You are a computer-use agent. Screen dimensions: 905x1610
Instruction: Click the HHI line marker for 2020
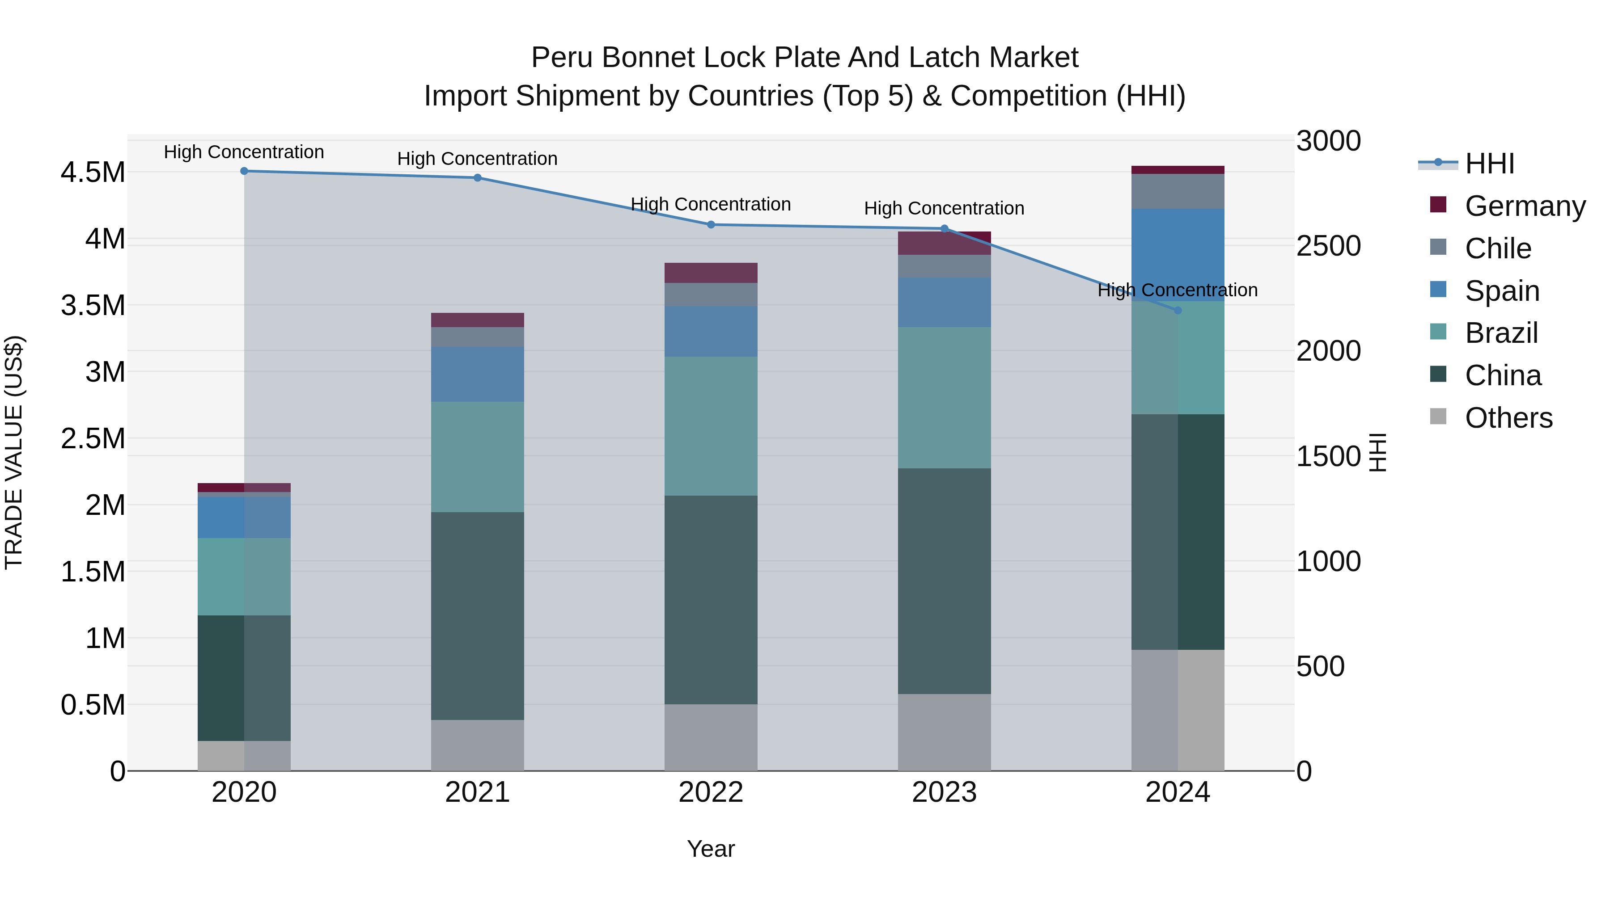244,171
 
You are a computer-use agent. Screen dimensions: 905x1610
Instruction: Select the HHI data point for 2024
1178,311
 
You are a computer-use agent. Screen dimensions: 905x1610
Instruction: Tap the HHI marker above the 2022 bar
711,225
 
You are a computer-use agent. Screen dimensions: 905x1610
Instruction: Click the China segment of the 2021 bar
478,616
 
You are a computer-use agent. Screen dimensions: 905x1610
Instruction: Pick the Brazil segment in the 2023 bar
945,398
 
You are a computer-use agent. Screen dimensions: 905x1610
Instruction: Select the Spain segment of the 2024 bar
1178,255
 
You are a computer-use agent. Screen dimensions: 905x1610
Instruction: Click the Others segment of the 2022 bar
711,737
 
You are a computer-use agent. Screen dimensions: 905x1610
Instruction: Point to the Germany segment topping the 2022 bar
711,273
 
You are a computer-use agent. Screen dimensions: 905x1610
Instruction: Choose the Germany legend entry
1525,206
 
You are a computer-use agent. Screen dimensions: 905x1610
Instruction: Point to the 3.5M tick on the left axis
93,305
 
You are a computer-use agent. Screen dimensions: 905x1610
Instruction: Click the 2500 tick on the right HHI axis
1328,246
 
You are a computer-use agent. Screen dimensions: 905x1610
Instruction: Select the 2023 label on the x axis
945,792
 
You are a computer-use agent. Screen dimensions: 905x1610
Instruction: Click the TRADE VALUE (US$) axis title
14,452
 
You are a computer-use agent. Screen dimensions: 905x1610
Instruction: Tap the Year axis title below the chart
711,849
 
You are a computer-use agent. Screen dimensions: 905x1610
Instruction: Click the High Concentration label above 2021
478,159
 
